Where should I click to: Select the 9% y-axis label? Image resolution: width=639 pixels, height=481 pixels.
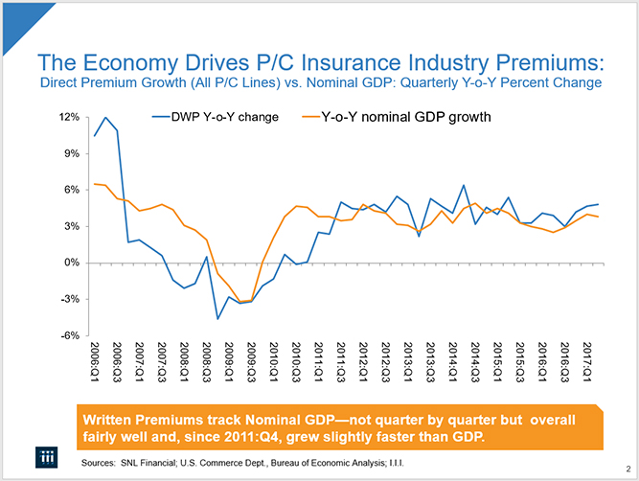tap(69, 153)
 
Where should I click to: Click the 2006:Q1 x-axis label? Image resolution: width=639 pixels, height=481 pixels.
tap(95, 359)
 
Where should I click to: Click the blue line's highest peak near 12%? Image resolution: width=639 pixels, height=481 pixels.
tap(105, 118)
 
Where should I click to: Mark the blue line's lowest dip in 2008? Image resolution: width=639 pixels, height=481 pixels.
tap(218, 318)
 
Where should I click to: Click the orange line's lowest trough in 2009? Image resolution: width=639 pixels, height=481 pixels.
tap(241, 302)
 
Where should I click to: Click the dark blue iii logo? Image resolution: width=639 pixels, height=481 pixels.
tap(42, 456)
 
